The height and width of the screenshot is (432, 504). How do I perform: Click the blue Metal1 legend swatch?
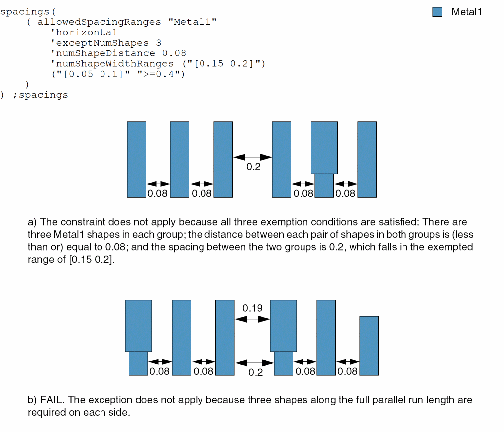point(437,12)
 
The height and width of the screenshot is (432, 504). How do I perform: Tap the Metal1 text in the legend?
point(466,12)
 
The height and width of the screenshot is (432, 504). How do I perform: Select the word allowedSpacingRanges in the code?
point(100,22)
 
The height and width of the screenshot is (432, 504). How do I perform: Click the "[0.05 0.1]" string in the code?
point(95,74)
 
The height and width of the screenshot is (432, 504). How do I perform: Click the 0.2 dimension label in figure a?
point(253,167)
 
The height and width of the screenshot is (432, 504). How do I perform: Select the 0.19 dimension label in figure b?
point(252,308)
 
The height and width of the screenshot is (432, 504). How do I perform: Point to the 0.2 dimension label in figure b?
point(255,372)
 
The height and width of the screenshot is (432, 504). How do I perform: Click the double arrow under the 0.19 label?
point(252,319)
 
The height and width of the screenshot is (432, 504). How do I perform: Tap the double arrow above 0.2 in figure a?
point(252,157)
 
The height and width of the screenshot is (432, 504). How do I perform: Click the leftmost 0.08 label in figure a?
point(158,193)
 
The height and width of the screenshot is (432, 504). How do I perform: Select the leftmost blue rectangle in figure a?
point(136,159)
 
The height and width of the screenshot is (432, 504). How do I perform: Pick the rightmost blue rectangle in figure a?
point(367,159)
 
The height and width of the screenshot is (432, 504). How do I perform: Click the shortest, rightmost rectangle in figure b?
point(369,345)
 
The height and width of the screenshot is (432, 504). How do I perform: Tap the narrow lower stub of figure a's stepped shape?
point(324,185)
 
